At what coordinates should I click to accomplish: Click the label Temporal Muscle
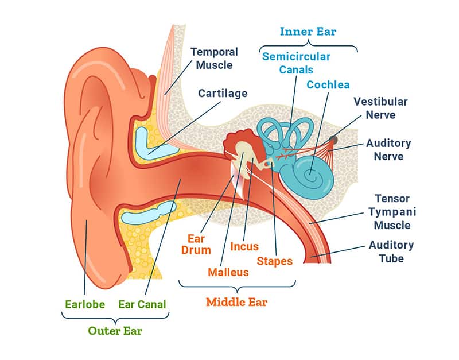point(211,58)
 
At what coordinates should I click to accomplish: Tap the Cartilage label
point(223,93)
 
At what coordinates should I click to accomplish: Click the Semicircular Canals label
point(296,63)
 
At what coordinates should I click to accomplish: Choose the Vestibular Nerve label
point(380,109)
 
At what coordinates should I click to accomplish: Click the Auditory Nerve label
point(388,149)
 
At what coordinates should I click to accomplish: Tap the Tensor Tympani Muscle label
point(392,211)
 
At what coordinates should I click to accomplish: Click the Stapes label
point(274,261)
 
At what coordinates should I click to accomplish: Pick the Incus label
point(244,247)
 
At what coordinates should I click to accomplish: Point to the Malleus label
point(228,272)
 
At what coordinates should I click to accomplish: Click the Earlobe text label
point(83,304)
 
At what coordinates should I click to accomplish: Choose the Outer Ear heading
point(115,331)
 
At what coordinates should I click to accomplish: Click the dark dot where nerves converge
point(333,140)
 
